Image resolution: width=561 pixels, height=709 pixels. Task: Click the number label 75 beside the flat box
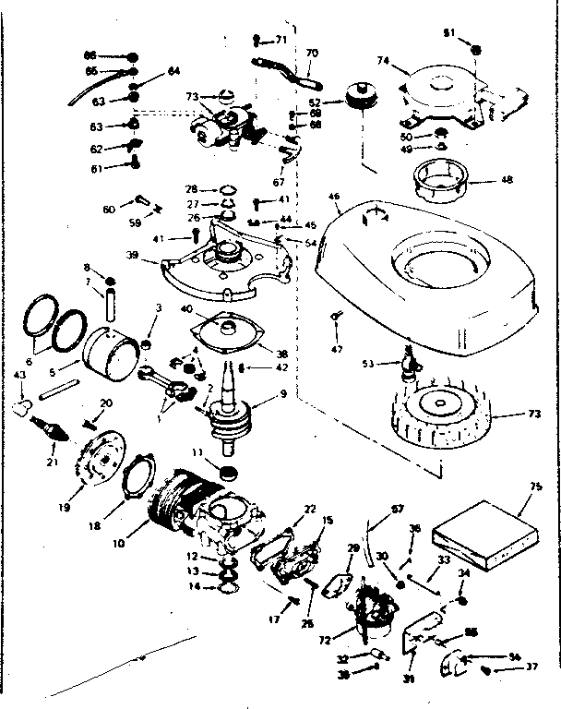pos(526,506)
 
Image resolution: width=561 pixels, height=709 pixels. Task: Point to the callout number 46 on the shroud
pos(334,198)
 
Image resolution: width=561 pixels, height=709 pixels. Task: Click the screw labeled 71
pos(254,40)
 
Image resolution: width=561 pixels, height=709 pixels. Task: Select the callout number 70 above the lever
pos(311,53)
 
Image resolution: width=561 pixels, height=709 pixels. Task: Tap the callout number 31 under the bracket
pos(408,681)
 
